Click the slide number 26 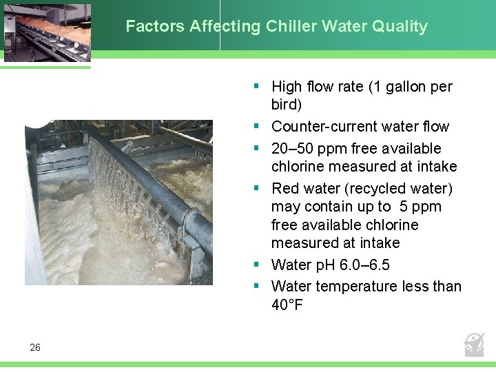[x=35, y=348]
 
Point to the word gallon [x=405, y=87]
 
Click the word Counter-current [x=322, y=127]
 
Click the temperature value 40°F [x=287, y=304]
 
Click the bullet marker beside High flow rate [x=256, y=86]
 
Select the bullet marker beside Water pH [x=256, y=265]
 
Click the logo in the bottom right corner [x=474, y=344]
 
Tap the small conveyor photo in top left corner [x=45, y=32]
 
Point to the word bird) [x=287, y=105]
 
